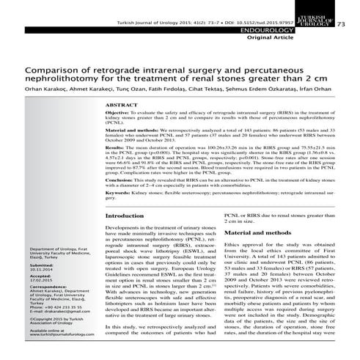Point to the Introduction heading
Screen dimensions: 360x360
coord(125,216)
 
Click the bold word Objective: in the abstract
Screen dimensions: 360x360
coord(120,117)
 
